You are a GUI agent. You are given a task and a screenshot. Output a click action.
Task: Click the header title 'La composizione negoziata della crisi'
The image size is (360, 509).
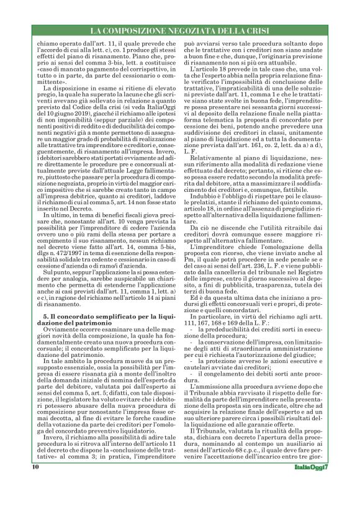[179, 30]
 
